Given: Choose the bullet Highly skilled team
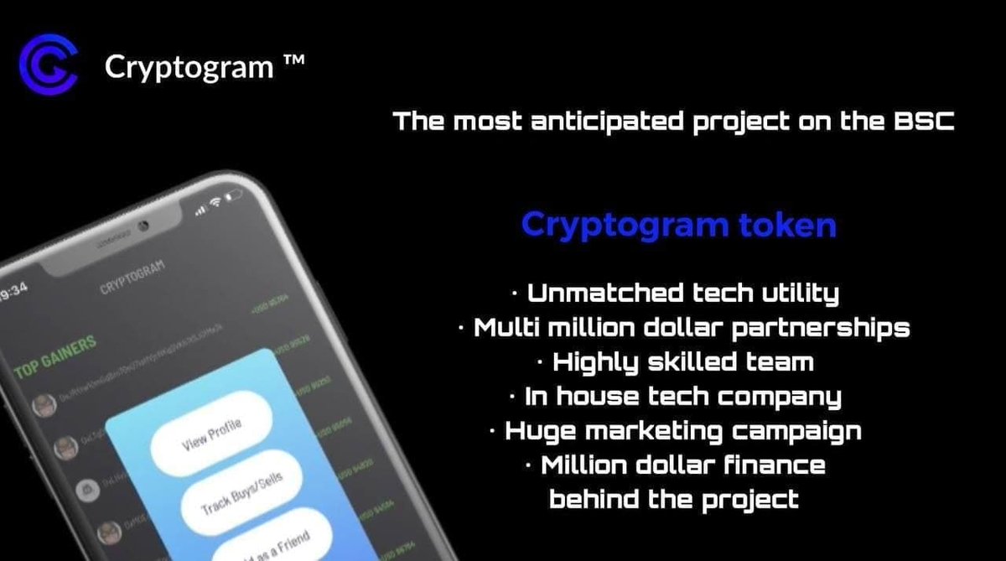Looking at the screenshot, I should pos(682,361).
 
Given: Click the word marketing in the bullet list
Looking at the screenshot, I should pos(699,431).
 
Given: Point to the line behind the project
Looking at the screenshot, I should pos(673,500).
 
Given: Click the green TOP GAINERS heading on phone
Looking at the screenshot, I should pos(55,356).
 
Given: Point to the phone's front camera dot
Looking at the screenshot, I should pos(143,226).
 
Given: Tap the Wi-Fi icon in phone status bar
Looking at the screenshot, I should pos(215,202).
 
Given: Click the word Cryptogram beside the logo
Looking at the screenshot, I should pos(189,67).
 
